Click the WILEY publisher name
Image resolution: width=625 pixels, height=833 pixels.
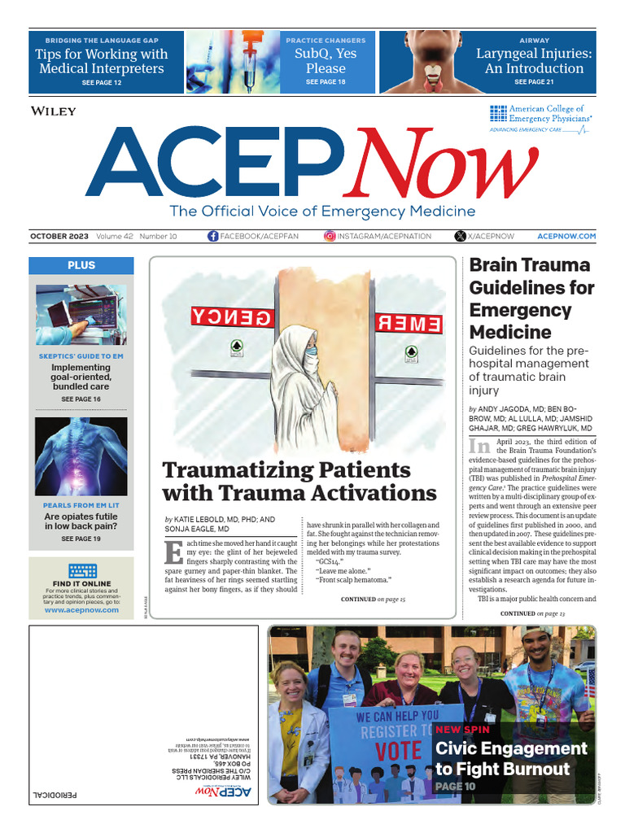[53, 111]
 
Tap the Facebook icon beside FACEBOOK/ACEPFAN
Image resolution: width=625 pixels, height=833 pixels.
[213, 236]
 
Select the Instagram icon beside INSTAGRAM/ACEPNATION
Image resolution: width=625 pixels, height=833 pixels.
[330, 236]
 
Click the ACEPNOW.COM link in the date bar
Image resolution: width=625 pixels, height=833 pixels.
[566, 236]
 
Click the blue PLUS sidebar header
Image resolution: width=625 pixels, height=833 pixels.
[81, 265]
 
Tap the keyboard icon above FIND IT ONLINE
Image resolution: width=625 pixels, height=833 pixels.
[81, 571]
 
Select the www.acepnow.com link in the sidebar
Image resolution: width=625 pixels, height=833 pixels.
[81, 609]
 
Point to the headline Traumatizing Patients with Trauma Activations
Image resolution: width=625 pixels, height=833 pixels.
[299, 482]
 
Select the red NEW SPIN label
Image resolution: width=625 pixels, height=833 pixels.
[462, 730]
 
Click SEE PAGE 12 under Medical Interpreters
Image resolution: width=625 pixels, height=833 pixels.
[102, 84]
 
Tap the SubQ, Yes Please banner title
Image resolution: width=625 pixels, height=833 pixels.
[326, 61]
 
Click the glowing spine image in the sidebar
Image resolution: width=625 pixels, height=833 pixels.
[81, 456]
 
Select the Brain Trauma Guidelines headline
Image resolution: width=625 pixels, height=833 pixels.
[531, 298]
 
